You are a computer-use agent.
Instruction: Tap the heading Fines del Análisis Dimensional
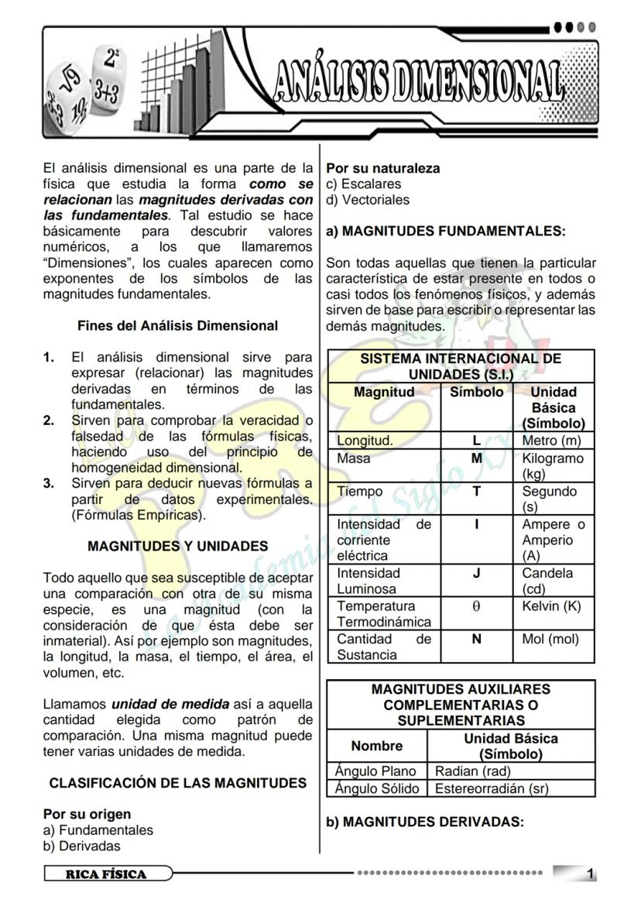(177, 326)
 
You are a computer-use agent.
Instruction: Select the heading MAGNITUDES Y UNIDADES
(178, 546)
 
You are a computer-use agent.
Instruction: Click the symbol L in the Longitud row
(477, 441)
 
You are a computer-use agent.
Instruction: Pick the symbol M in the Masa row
(477, 458)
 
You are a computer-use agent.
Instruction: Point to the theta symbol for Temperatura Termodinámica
(477, 606)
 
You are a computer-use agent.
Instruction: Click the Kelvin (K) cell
(551, 606)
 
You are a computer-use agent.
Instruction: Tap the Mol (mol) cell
(550, 640)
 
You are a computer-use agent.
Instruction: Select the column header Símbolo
(477, 392)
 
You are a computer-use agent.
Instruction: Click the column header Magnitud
(384, 392)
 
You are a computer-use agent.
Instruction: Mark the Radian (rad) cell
(473, 771)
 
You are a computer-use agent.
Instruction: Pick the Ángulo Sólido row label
(377, 788)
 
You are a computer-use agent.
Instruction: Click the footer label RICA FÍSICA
(106, 874)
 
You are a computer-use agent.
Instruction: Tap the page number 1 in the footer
(591, 874)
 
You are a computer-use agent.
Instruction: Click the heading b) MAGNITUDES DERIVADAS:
(425, 822)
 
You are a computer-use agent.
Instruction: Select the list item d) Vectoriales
(368, 200)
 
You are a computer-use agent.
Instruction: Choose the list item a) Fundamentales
(98, 830)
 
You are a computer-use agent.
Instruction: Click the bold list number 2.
(49, 420)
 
